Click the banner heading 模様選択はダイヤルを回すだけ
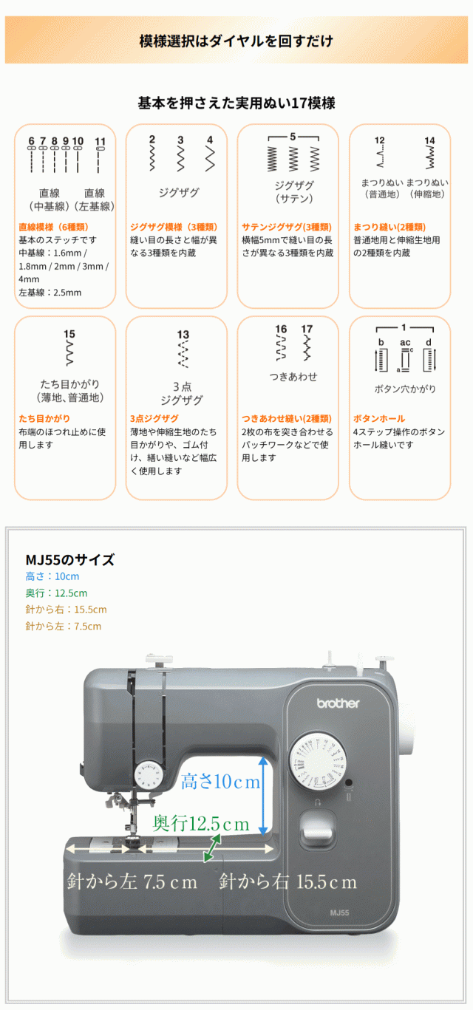point(236,41)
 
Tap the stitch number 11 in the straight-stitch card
point(101,141)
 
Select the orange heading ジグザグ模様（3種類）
point(173,227)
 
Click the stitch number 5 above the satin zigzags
point(293,137)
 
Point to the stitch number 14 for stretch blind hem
point(429,140)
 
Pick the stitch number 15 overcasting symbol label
point(69,334)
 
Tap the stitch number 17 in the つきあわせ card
point(307,329)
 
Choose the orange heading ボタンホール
point(379,418)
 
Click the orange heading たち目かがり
point(44,418)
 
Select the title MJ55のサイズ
point(69,559)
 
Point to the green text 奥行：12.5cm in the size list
point(56,593)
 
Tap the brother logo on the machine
point(338,703)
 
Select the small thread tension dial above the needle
point(149,776)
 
